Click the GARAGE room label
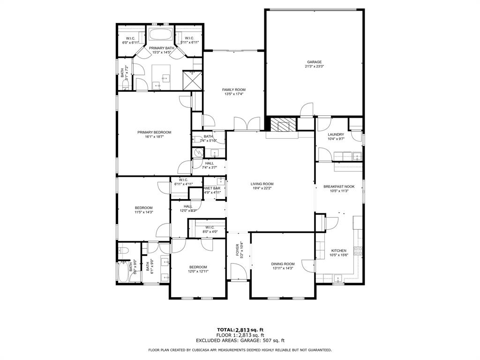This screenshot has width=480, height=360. pyautogui.click(x=314, y=62)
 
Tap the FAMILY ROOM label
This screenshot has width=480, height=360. pyautogui.click(x=233, y=90)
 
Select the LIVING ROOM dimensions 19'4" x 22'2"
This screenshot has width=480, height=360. pyautogui.click(x=262, y=188)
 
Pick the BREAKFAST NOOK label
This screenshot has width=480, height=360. pyautogui.click(x=339, y=187)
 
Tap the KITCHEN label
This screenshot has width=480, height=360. pyautogui.click(x=338, y=251)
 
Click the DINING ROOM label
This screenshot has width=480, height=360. pyautogui.click(x=283, y=264)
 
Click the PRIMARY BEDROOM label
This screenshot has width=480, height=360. pyautogui.click(x=154, y=132)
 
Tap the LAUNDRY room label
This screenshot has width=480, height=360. pyautogui.click(x=336, y=135)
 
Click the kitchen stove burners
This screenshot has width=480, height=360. pyautogui.click(x=359, y=251)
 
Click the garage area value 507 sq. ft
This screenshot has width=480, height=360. pyautogui.click(x=273, y=341)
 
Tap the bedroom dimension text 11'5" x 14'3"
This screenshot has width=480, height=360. pyautogui.click(x=144, y=212)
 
